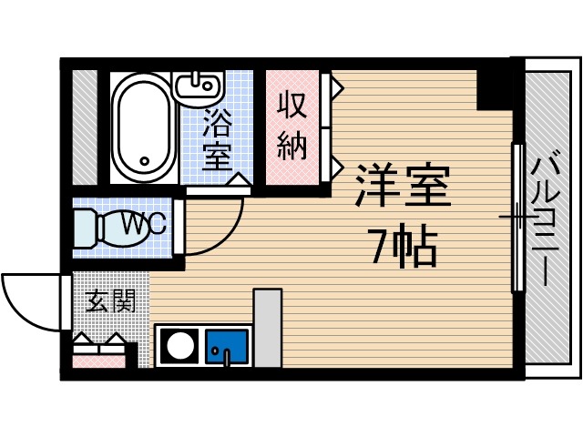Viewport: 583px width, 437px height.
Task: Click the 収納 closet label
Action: [x=291, y=126]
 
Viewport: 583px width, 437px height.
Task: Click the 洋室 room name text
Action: [x=401, y=188]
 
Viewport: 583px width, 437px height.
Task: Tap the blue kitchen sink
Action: [x=226, y=346]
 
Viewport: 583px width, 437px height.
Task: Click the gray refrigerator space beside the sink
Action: [x=267, y=328]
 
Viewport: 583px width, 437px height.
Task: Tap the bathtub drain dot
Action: [x=144, y=164]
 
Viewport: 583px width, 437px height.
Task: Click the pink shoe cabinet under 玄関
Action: [x=97, y=361]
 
